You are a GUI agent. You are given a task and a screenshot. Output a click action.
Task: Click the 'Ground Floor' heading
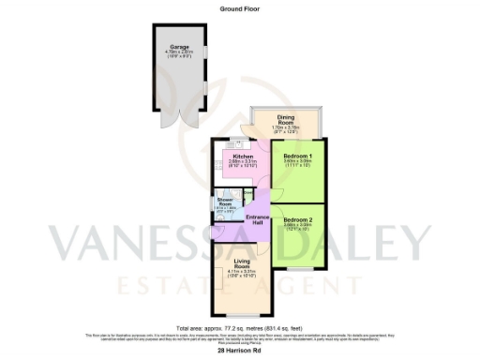point(239,7)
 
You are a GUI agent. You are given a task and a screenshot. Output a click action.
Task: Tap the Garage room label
point(179,46)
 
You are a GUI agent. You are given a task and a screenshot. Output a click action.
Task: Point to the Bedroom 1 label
point(297,155)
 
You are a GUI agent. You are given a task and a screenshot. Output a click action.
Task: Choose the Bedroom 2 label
point(297,220)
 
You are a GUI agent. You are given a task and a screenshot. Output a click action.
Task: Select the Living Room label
point(243,263)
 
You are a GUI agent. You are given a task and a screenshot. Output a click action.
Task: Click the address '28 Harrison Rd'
point(239,351)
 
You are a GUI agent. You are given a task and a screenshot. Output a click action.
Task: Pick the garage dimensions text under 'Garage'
point(179,55)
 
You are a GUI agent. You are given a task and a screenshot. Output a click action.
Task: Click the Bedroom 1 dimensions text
point(297,163)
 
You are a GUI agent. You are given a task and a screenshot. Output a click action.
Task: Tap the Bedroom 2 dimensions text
point(297,228)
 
